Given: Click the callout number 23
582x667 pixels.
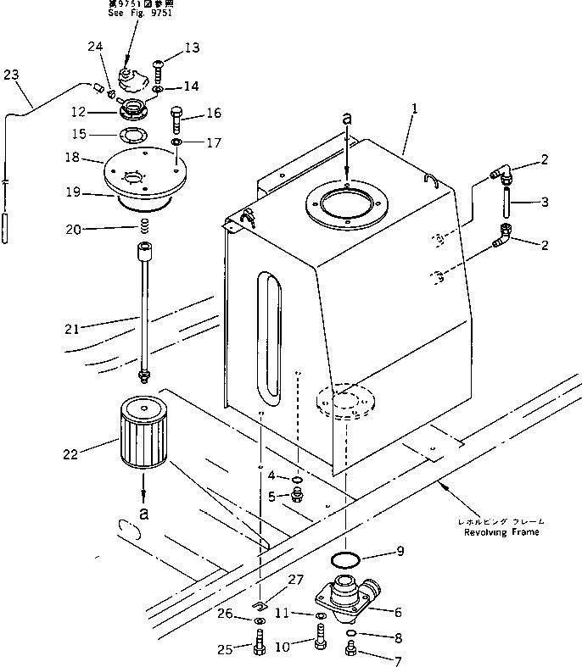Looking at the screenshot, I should (10, 75).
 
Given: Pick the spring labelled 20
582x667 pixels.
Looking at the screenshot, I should (145, 226).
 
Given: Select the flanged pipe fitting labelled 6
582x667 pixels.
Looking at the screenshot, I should (344, 592).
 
